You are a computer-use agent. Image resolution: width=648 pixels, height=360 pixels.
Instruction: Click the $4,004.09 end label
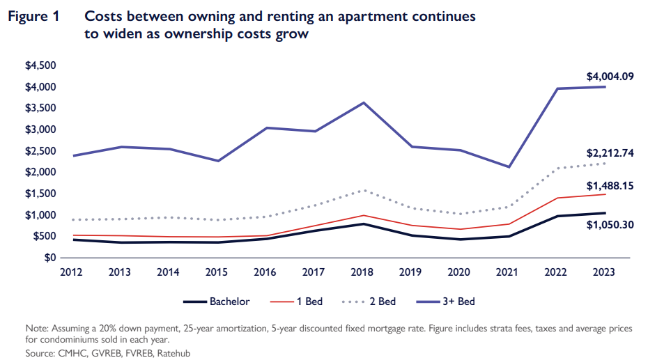(x=610, y=77)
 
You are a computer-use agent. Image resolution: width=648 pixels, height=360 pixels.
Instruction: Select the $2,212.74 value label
(x=610, y=153)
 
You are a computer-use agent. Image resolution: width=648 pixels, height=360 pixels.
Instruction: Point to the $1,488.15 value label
(x=610, y=186)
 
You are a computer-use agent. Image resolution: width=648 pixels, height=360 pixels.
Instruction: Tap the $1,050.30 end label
(x=610, y=225)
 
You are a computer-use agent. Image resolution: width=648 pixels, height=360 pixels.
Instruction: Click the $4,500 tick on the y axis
(x=40, y=65)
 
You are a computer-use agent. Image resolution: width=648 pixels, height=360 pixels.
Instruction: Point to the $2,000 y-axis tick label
(x=40, y=172)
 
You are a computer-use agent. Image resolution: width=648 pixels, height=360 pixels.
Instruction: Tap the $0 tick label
(x=49, y=258)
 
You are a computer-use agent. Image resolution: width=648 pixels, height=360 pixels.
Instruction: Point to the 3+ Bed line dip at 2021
(x=509, y=167)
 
